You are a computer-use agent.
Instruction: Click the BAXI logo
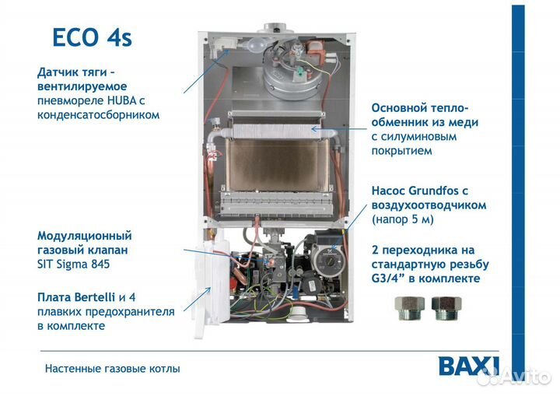point(469,366)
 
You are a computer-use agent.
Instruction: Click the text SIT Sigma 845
point(74,264)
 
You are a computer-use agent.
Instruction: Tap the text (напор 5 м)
point(403,219)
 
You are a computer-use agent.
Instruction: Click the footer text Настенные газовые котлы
point(112,368)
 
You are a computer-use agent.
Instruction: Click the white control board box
point(209,288)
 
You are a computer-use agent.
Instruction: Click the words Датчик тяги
point(72,72)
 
